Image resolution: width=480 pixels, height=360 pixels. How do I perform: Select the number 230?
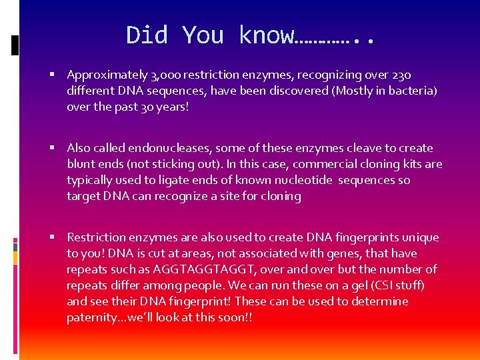tap(409, 75)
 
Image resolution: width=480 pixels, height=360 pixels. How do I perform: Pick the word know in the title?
tap(265, 35)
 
